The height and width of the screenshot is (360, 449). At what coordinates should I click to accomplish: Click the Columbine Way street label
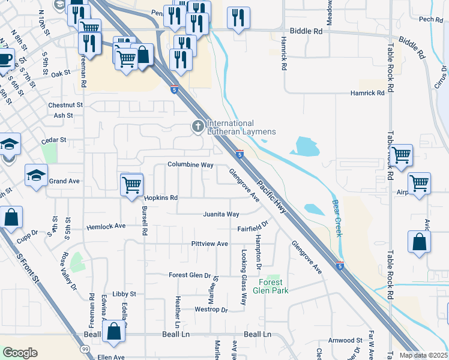point(190,164)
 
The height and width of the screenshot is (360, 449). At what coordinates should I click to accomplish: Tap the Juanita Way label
point(221,214)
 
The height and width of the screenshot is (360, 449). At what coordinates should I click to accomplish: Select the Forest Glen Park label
point(274,287)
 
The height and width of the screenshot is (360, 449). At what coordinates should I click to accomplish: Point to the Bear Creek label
point(337,218)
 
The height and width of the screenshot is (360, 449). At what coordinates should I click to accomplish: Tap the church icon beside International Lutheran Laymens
point(197,127)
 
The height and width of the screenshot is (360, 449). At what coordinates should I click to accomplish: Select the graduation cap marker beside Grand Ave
point(36,175)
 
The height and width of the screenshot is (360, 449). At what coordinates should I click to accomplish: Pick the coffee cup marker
point(5,59)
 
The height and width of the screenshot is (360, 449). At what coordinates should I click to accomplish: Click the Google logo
point(20,353)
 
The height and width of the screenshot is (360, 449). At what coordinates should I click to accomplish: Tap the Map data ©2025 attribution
point(423,355)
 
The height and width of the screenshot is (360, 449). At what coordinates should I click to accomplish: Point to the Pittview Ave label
point(209,244)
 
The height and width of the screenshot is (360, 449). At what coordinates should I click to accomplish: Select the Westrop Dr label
point(211,310)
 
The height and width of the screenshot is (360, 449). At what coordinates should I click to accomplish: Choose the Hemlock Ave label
point(106,226)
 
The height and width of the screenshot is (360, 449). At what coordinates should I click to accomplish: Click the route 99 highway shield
point(83,349)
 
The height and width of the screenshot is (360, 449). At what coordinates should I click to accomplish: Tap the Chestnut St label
point(64,105)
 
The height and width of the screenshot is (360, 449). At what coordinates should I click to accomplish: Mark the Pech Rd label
point(431,19)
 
